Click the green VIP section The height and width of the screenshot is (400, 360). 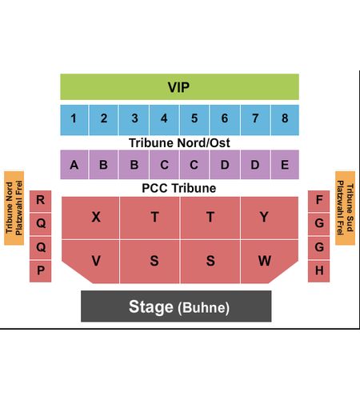click(x=179, y=87)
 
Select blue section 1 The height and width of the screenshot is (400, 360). click(x=74, y=120)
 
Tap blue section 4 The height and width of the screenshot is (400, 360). click(x=164, y=120)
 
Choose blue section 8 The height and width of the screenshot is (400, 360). click(x=285, y=120)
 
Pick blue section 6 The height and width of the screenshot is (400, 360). click(x=225, y=120)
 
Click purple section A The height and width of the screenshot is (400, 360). click(x=74, y=165)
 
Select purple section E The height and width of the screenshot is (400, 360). click(x=285, y=165)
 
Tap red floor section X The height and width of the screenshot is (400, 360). click(x=90, y=218)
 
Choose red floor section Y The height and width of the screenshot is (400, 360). click(x=270, y=218)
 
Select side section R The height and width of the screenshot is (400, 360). click(x=40, y=201)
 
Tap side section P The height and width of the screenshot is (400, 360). click(x=40, y=271)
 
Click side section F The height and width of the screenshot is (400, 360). click(x=318, y=201)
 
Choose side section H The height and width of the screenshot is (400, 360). click(x=318, y=271)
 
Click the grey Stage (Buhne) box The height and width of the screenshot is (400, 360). click(x=176, y=306)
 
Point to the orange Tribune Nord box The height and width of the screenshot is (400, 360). click(x=14, y=208)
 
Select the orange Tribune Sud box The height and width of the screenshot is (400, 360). click(x=345, y=208)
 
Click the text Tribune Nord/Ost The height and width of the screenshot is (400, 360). click(x=179, y=143)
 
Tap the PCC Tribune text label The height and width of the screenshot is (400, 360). click(x=179, y=188)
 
